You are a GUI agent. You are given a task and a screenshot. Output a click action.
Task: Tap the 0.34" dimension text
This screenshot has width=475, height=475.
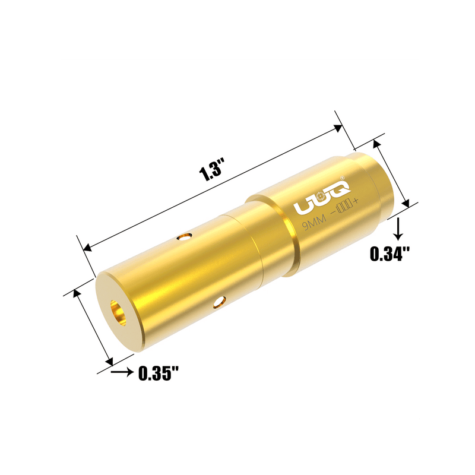pos(390,254)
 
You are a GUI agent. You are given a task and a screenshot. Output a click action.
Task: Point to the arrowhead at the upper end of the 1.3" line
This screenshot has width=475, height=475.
pos(339,127)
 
